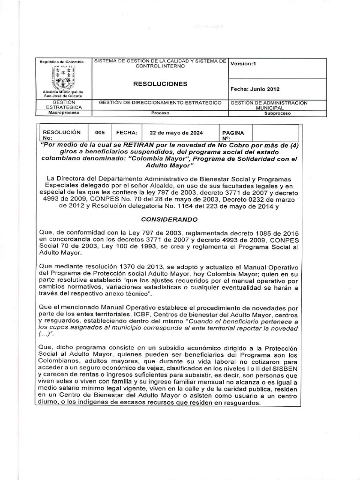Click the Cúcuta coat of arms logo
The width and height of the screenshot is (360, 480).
point(61,78)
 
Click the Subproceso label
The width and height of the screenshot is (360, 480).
point(277,113)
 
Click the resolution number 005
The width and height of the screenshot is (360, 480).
point(99,133)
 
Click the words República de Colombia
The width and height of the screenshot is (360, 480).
point(61,62)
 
